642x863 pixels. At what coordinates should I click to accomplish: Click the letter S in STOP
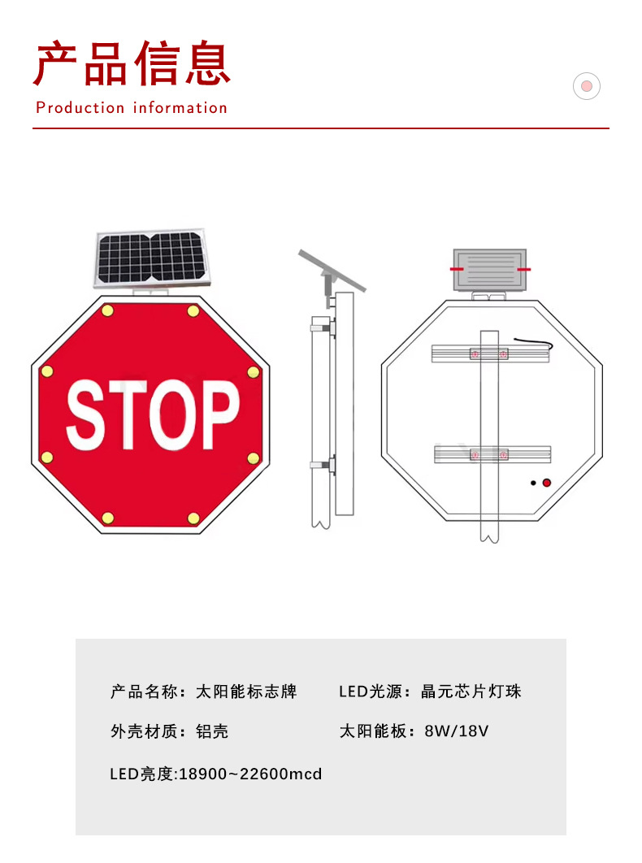pyautogui.click(x=87, y=414)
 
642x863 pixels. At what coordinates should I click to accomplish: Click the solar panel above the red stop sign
pyautogui.click(x=150, y=258)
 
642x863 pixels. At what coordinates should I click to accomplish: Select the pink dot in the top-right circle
pyautogui.click(x=587, y=86)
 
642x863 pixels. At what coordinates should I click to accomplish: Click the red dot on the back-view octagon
pyautogui.click(x=547, y=483)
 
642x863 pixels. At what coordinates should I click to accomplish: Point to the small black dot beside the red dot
pyautogui.click(x=533, y=484)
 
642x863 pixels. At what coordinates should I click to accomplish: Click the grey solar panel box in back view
pyautogui.click(x=489, y=270)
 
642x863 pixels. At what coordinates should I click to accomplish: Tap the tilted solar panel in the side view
pyautogui.click(x=332, y=271)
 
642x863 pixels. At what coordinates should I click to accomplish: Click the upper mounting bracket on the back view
pyautogui.click(x=490, y=354)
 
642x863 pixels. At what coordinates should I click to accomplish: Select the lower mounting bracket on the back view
pyautogui.click(x=492, y=454)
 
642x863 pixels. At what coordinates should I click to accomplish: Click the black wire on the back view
pyautogui.click(x=534, y=344)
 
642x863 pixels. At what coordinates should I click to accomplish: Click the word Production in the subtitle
pyautogui.click(x=80, y=108)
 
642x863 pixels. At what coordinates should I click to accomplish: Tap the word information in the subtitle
pyautogui.click(x=180, y=108)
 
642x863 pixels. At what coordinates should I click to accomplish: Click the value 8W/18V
pyautogui.click(x=457, y=731)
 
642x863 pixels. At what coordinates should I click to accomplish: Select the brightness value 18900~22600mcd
pyautogui.click(x=250, y=774)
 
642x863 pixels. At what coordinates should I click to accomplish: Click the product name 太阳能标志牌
pyautogui.click(x=246, y=692)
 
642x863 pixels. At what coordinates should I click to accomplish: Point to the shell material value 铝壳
pyautogui.click(x=212, y=731)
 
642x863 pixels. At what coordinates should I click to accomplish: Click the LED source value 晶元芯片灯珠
pyautogui.click(x=471, y=692)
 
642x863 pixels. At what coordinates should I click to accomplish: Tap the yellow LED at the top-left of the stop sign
pyautogui.click(x=108, y=310)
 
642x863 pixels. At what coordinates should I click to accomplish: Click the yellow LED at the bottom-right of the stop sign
pyautogui.click(x=193, y=518)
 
